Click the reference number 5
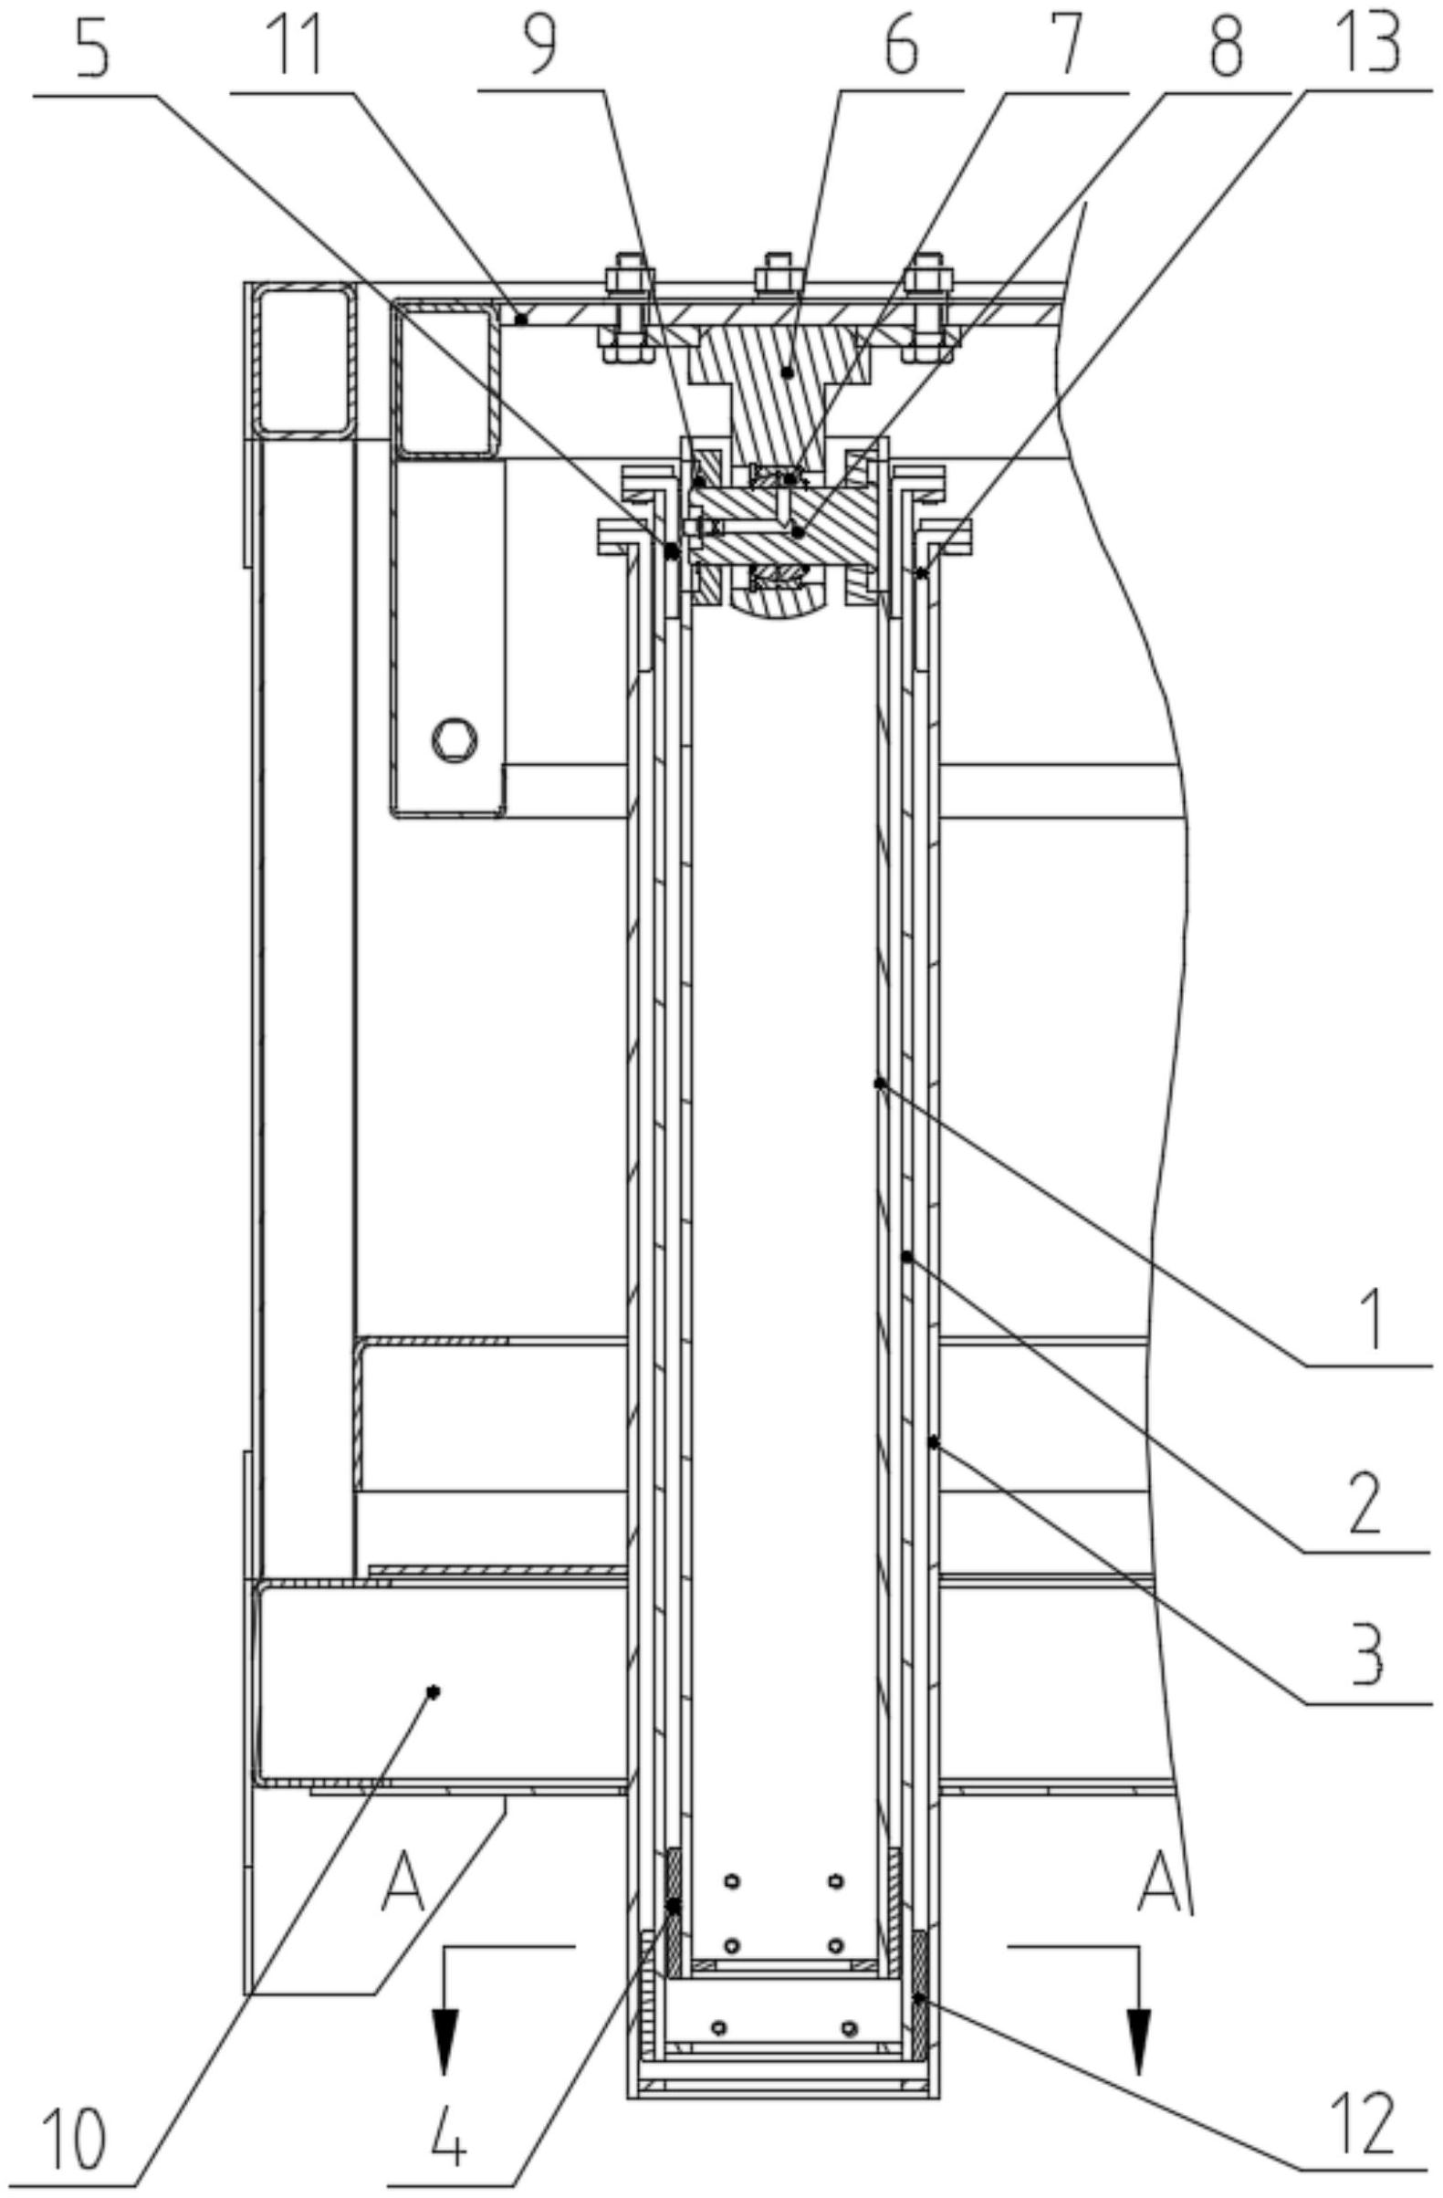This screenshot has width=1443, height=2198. pyautogui.click(x=92, y=46)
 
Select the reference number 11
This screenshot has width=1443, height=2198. pyautogui.click(x=295, y=46)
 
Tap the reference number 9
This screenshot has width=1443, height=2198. pyautogui.click(x=540, y=46)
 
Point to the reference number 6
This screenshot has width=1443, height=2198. pyautogui.click(x=900, y=46)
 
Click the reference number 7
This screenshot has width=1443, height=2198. pyautogui.click(x=1066, y=46)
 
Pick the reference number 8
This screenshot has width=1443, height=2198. pyautogui.click(x=1225, y=46)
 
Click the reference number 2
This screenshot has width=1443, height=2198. pyautogui.click(x=1365, y=1503)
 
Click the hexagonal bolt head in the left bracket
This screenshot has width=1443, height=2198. pyautogui.click(x=455, y=738)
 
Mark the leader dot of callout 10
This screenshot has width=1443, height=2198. pyautogui.click(x=434, y=1692)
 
